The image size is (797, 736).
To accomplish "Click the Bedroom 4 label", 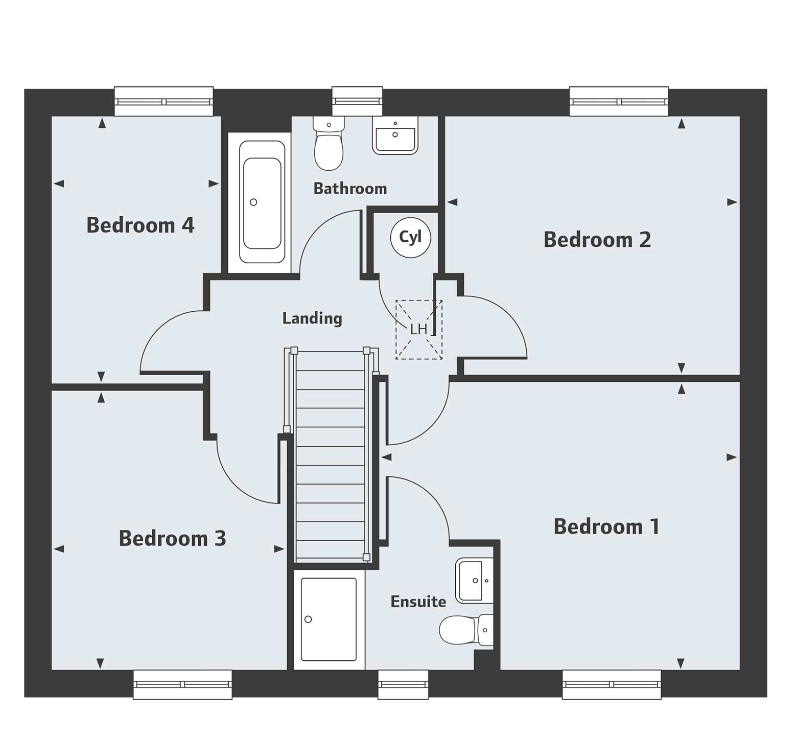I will click(140, 225).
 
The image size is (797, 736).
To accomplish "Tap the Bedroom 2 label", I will click(597, 239).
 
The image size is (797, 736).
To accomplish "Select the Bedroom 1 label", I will click(606, 526).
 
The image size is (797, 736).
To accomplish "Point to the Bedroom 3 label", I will click(172, 538).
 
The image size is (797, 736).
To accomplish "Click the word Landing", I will click(312, 318).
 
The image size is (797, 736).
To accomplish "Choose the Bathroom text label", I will click(350, 189).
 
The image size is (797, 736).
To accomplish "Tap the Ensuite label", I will click(418, 602).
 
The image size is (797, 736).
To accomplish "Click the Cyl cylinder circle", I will click(410, 237).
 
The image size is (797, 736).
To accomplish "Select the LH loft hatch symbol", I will click(418, 330).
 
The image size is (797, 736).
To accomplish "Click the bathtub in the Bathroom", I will click(262, 202).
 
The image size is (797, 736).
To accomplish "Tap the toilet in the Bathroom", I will click(329, 146).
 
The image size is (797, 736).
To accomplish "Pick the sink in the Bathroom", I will click(395, 136).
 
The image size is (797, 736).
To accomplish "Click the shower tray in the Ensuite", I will click(329, 619).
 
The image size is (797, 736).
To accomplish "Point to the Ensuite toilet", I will click(462, 630).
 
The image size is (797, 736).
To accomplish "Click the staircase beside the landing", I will click(331, 455).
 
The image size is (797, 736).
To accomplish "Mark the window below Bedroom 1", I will click(611, 685).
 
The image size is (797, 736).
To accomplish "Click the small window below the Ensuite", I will click(403, 685).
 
